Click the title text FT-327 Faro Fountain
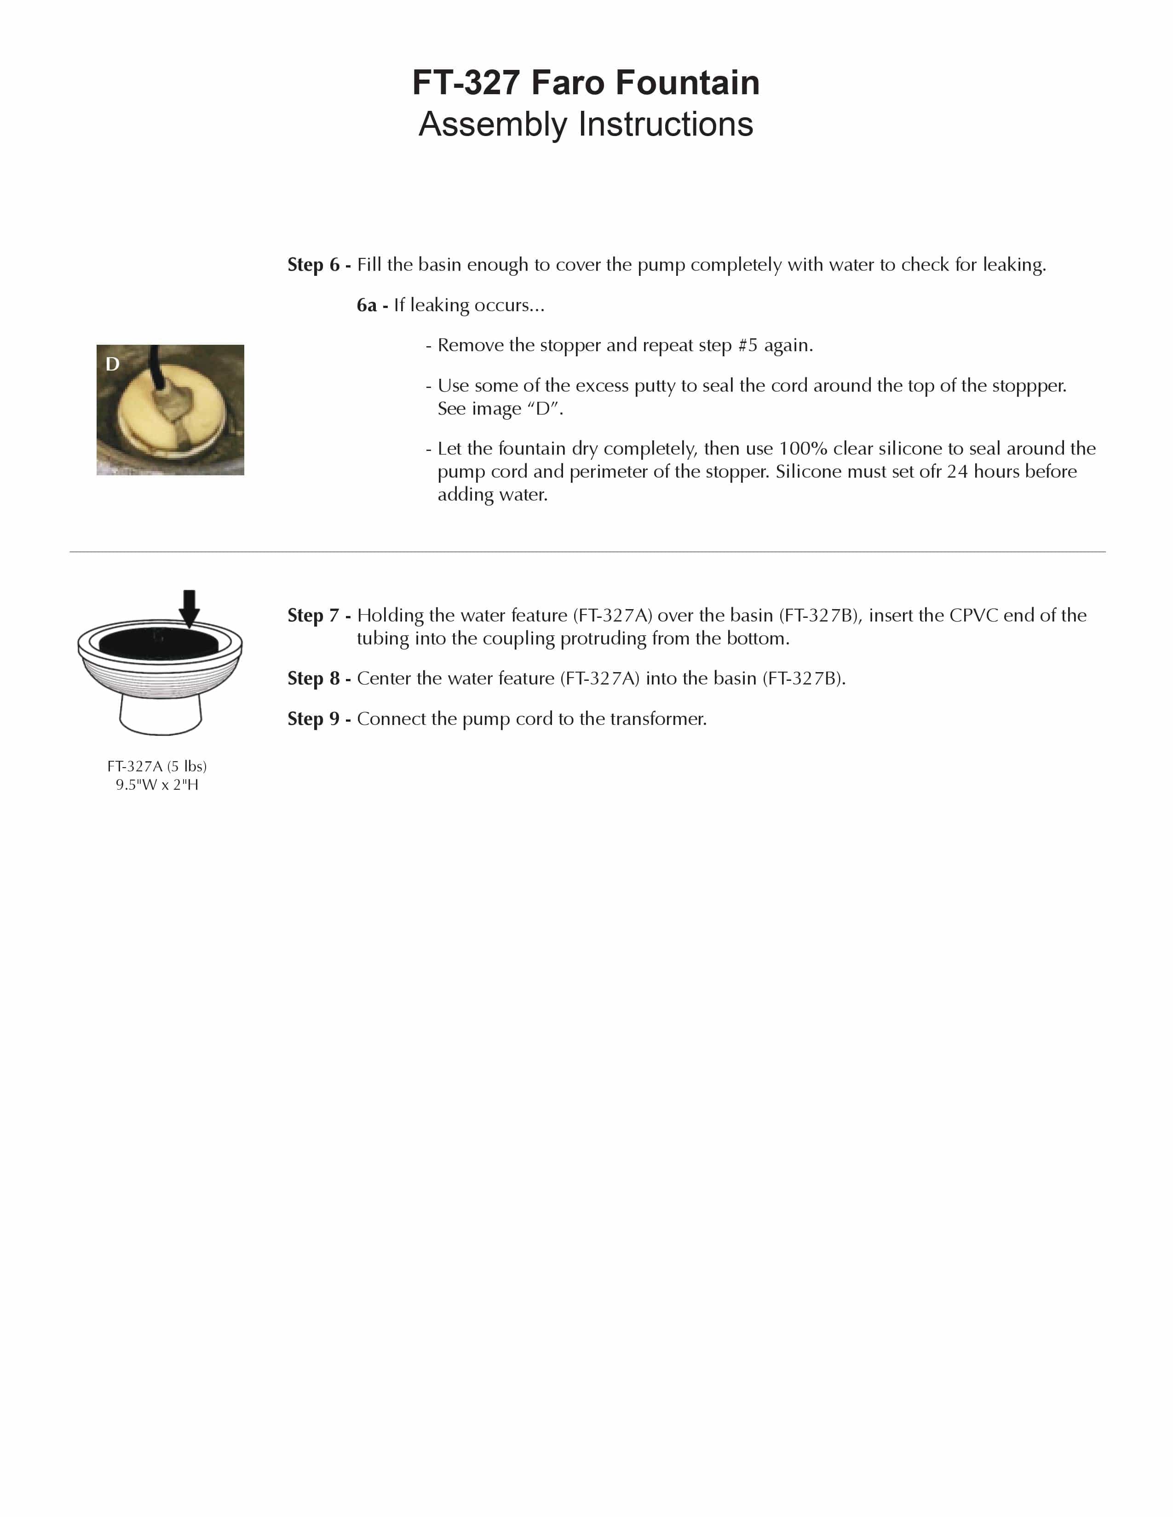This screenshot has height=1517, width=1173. tap(586, 83)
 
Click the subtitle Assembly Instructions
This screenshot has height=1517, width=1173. tap(586, 124)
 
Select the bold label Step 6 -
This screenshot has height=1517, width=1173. tap(319, 265)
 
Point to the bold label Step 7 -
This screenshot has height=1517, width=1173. tap(319, 616)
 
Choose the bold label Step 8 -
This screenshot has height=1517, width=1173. tap(319, 679)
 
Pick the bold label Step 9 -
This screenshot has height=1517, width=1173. tap(319, 719)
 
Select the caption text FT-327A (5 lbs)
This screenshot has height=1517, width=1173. tap(157, 766)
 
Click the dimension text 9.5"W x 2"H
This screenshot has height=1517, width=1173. tap(157, 785)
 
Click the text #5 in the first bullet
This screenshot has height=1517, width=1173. tap(747, 345)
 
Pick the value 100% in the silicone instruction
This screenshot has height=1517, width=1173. tap(803, 449)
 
